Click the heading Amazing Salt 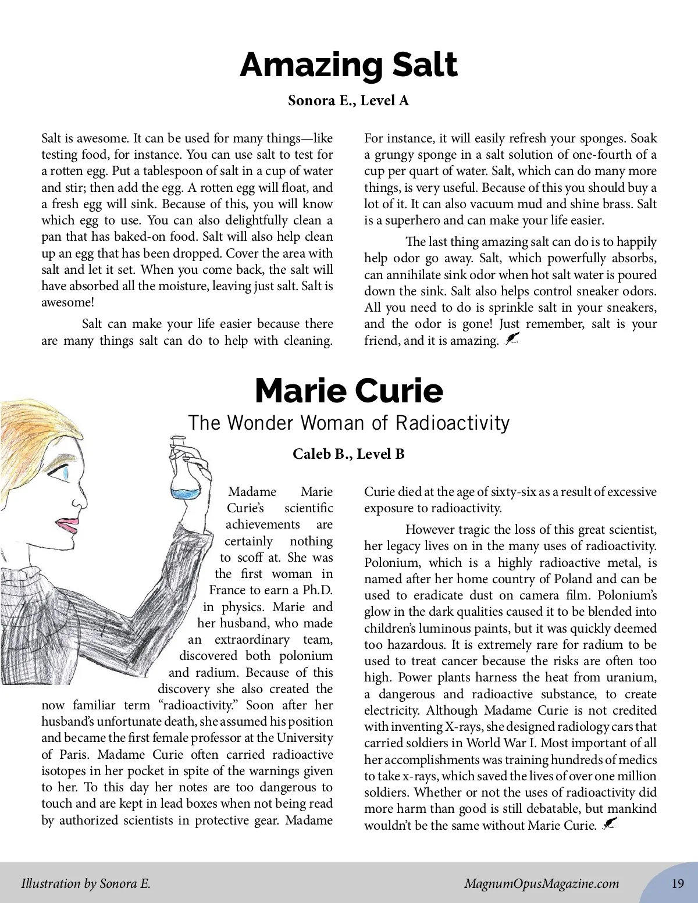(x=348, y=65)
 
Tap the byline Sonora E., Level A (x=348, y=101)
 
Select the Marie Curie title (x=348, y=391)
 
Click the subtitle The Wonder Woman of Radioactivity (x=348, y=423)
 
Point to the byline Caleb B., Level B (x=348, y=454)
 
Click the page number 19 (x=678, y=884)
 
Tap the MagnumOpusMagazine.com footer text (x=542, y=884)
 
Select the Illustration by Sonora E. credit (x=86, y=884)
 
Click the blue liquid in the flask (x=186, y=494)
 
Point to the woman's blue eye (x=65, y=472)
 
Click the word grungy (x=396, y=155)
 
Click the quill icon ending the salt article (x=511, y=339)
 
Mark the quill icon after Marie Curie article (x=609, y=824)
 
